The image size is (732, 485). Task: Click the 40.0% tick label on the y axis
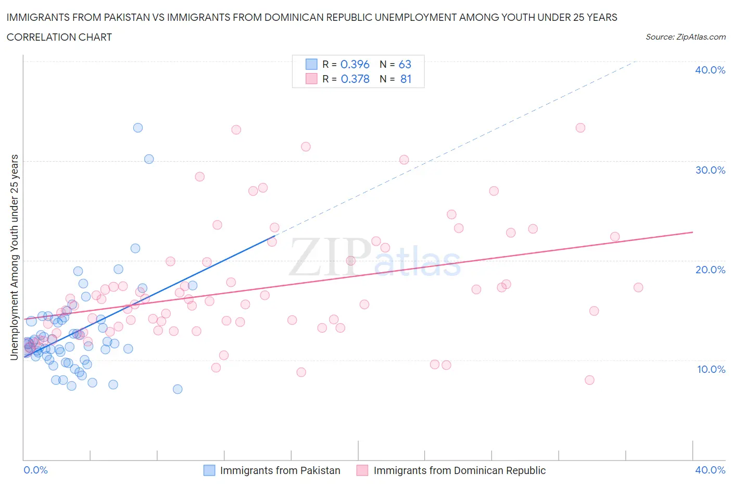tap(710, 70)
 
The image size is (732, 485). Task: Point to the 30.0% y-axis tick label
tap(710, 170)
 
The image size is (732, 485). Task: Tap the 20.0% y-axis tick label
tap(710, 270)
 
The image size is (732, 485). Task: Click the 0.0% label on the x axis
tap(35, 470)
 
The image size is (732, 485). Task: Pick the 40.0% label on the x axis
tap(710, 470)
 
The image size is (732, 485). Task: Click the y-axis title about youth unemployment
tap(14, 257)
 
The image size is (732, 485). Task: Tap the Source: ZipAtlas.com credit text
tap(685, 37)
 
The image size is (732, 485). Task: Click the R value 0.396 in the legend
tap(355, 64)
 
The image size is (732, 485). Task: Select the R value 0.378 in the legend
tap(355, 79)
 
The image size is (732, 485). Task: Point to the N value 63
tap(405, 64)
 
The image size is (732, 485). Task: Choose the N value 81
tap(406, 79)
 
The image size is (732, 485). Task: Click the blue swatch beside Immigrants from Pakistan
tap(209, 470)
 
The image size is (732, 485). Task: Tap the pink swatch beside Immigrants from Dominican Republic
tap(362, 470)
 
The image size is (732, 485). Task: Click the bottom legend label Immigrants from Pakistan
tap(280, 470)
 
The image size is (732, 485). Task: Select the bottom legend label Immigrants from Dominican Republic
tap(459, 470)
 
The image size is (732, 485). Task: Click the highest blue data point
tap(138, 128)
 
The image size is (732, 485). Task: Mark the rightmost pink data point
tap(638, 287)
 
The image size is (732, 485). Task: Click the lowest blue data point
tap(178, 389)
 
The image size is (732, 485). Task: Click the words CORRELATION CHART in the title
tap(59, 37)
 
